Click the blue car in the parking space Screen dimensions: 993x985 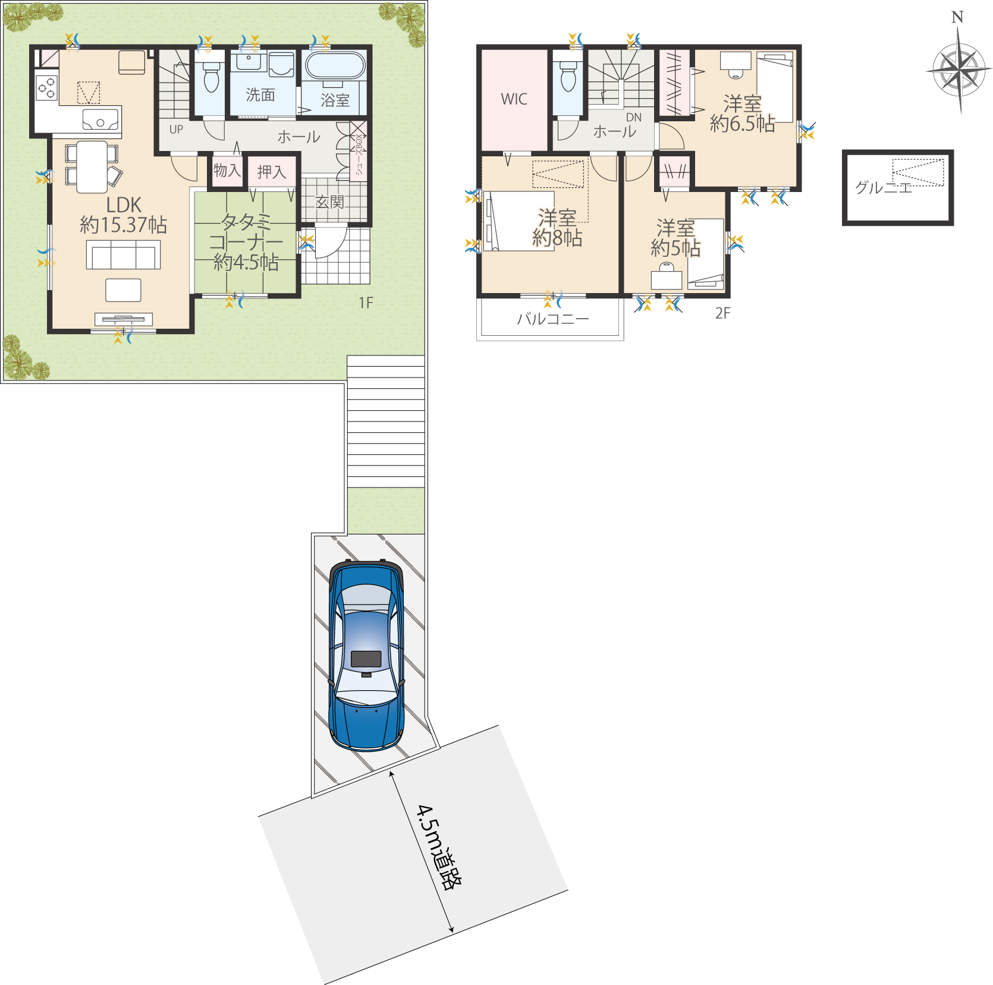tap(366, 656)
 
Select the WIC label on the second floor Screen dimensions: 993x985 tap(514, 99)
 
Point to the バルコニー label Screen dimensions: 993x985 tap(553, 319)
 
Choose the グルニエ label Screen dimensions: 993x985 tap(883, 188)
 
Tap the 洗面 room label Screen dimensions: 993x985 tap(260, 95)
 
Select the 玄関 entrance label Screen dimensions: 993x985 tap(329, 202)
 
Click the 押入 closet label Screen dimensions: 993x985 tap(272, 172)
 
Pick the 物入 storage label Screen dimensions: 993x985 tap(227, 171)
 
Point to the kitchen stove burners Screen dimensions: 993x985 tap(47, 88)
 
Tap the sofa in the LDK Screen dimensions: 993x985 tap(123, 254)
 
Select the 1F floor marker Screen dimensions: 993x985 tap(366, 303)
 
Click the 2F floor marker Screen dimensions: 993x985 tap(722, 313)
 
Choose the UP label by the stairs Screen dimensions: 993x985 tap(176, 130)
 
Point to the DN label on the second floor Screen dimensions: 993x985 tap(634, 118)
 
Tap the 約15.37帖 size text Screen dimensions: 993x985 tap(124, 225)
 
